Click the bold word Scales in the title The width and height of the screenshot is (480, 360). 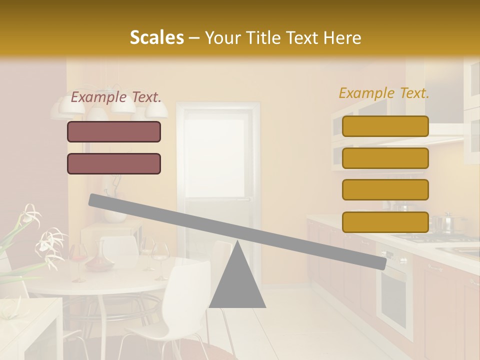click(x=156, y=38)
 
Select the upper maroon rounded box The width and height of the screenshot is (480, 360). click(x=114, y=132)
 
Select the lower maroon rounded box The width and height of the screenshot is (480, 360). click(x=114, y=163)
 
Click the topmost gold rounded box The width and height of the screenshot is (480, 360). click(x=385, y=126)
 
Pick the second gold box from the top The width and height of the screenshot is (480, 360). click(x=385, y=158)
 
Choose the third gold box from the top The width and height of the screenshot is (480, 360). click(x=385, y=190)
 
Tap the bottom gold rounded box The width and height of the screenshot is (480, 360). click(x=385, y=222)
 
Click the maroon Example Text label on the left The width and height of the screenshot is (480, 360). click(x=116, y=97)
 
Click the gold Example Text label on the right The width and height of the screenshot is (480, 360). click(x=384, y=93)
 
